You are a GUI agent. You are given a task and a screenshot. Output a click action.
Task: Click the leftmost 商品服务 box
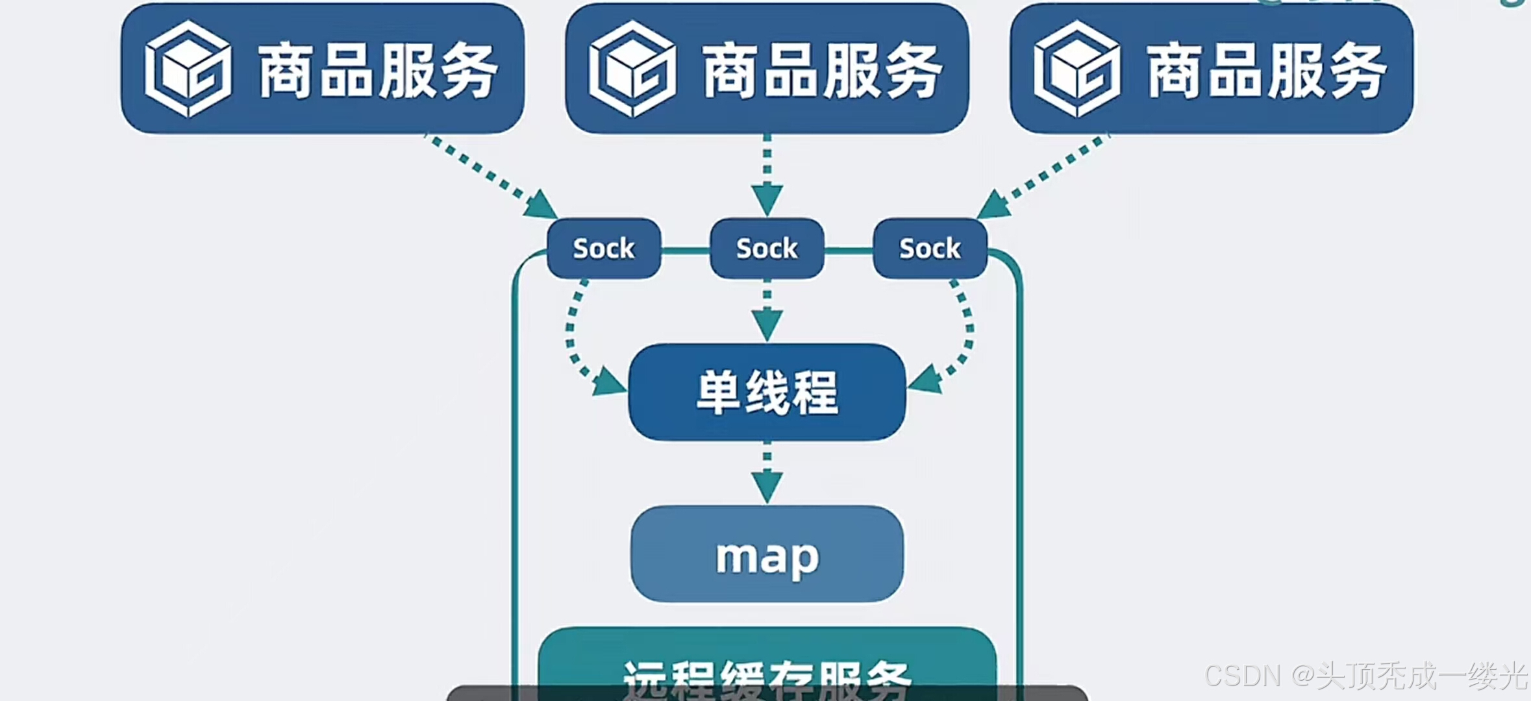(322, 69)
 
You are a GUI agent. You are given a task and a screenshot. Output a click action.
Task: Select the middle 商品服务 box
(767, 69)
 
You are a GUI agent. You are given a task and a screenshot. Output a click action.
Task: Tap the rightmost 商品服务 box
(1212, 69)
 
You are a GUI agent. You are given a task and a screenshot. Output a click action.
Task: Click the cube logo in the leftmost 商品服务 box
(188, 69)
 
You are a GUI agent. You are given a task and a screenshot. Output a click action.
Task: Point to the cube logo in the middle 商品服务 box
(632, 69)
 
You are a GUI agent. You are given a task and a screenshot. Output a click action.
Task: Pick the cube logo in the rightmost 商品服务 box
(1077, 69)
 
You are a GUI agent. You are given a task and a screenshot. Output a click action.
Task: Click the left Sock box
(604, 249)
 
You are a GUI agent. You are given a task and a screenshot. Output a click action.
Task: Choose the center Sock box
(767, 249)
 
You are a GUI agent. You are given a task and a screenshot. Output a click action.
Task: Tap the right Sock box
(930, 249)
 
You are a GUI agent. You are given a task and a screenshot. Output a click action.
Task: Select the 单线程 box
(767, 392)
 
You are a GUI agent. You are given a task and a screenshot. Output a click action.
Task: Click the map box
(767, 554)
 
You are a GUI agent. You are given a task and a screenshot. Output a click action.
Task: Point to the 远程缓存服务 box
(767, 662)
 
